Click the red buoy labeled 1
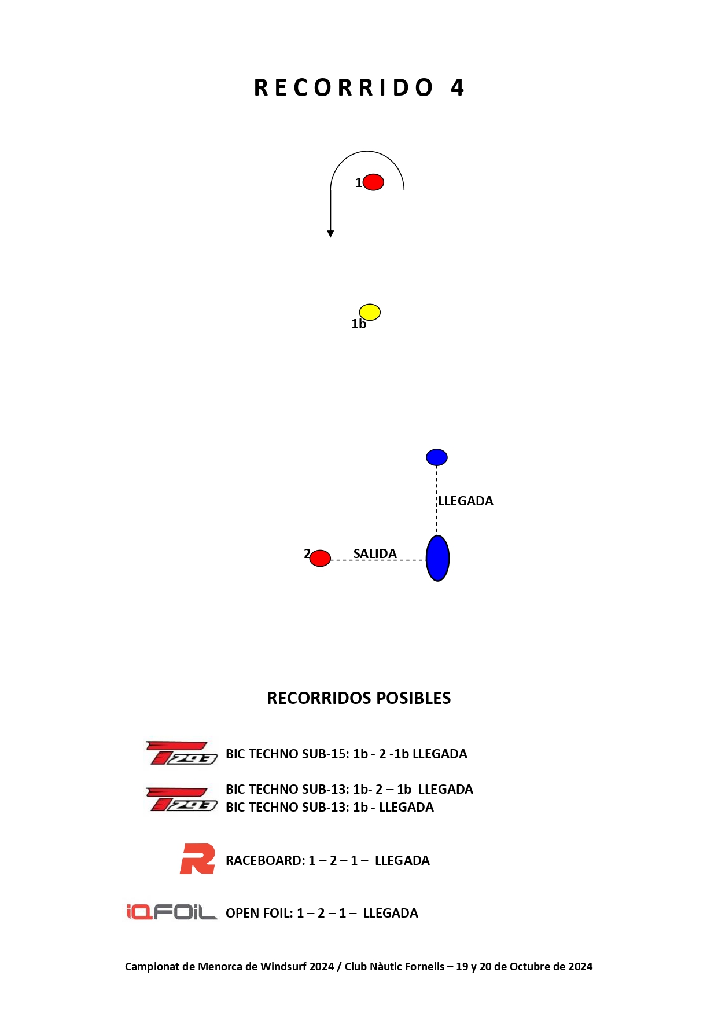point(373,182)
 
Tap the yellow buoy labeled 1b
point(370,312)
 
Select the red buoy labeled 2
point(320,558)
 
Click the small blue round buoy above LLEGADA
point(437,457)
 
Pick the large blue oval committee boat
point(438,558)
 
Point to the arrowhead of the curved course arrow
point(330,234)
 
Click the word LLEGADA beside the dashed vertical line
point(466,501)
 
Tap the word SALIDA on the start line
point(375,554)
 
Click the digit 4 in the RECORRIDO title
point(458,88)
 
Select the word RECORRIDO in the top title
point(344,88)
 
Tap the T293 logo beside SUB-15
point(181,753)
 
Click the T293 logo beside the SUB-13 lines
point(181,799)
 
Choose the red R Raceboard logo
point(197,859)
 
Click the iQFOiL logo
point(172,912)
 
